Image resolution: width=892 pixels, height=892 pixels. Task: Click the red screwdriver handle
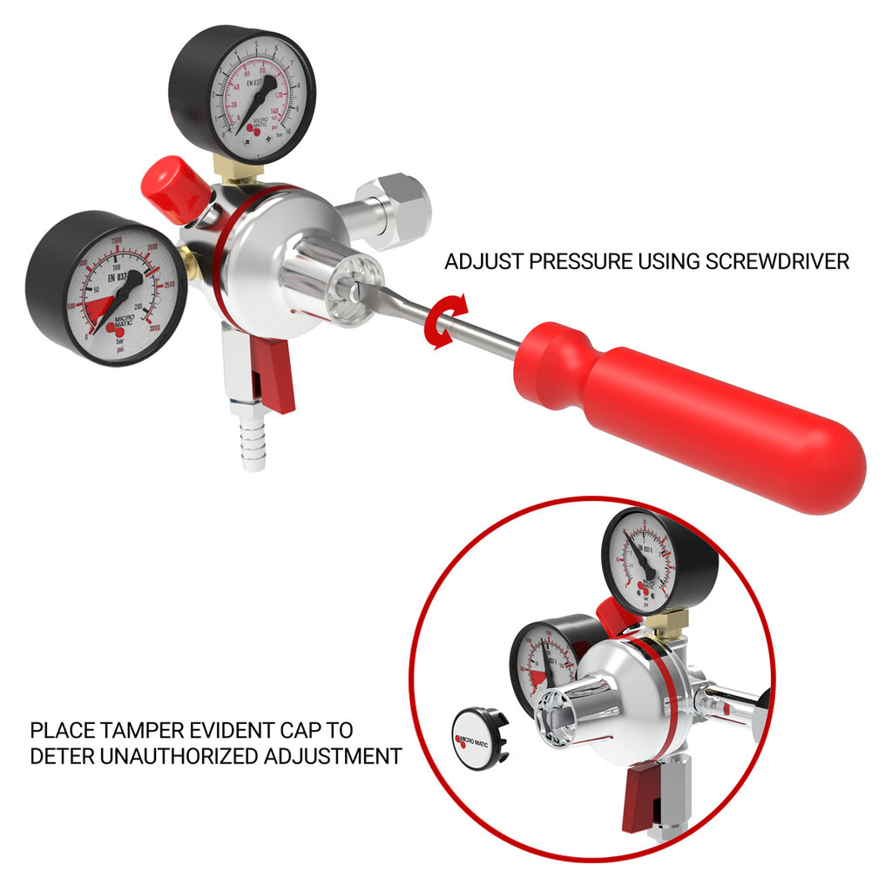[697, 409]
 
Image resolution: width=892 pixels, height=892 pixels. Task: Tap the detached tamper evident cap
[479, 738]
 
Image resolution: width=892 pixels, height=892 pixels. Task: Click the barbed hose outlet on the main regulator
[253, 440]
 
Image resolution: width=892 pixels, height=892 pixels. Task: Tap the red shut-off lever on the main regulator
[274, 375]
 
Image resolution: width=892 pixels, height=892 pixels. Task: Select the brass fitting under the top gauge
[234, 170]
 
